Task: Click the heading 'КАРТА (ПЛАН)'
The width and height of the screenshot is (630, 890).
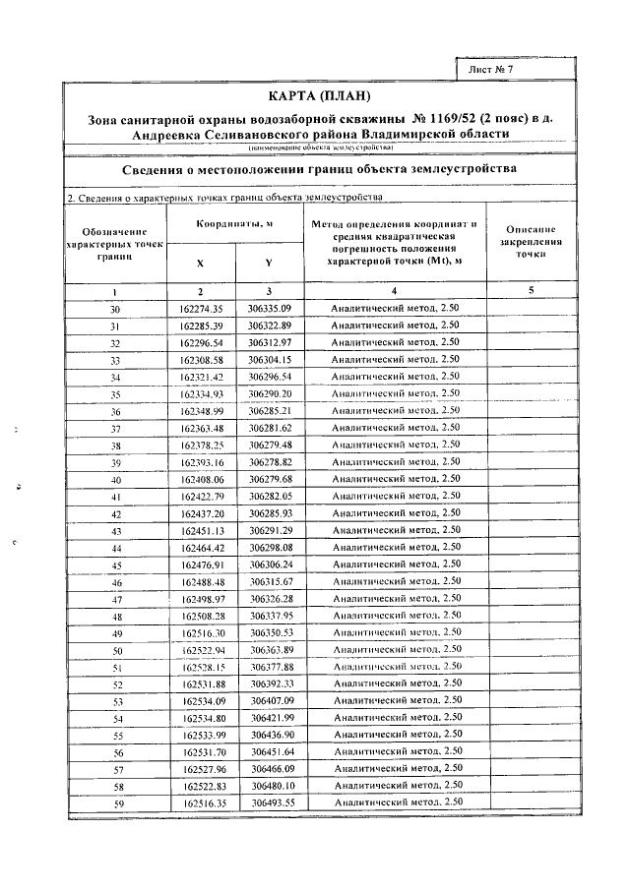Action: point(319,95)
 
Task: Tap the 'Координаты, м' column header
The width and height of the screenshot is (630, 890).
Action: point(234,225)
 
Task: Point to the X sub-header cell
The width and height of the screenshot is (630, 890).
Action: point(201,263)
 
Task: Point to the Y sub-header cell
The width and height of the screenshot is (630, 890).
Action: point(269,263)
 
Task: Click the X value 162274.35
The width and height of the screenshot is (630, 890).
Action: point(202,309)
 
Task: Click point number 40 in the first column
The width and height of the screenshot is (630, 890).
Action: point(115,480)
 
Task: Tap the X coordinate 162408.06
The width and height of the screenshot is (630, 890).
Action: point(203,480)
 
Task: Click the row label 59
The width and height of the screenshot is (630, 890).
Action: point(116,803)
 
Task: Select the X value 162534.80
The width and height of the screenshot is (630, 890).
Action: point(204,718)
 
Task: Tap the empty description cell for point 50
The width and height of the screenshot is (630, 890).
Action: point(530,650)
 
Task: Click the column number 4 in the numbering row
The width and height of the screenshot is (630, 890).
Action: point(394,292)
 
